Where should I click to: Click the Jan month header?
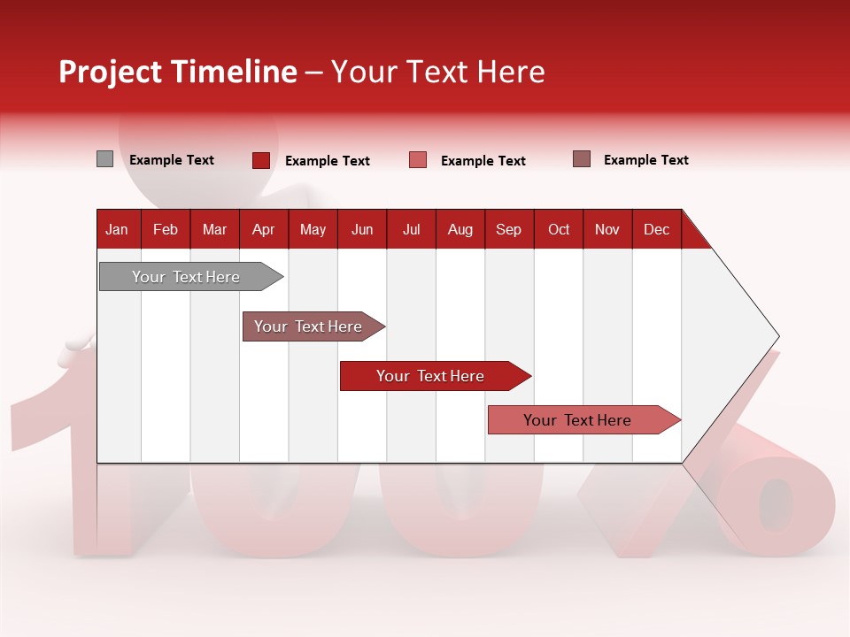(x=117, y=230)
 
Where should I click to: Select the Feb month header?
(x=166, y=230)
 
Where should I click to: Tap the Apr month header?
(x=263, y=230)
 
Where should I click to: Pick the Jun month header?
(x=362, y=230)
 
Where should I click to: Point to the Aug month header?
(x=460, y=230)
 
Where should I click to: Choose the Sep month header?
(x=508, y=230)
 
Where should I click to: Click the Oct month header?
(x=559, y=230)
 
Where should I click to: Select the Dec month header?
(x=656, y=230)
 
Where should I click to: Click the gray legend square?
(x=104, y=159)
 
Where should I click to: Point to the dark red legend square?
(x=261, y=160)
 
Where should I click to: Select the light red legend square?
(x=418, y=160)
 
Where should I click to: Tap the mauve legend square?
(x=582, y=159)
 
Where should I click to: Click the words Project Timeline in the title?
(x=178, y=72)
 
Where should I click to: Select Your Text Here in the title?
(x=437, y=72)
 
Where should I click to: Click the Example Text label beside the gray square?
(x=172, y=160)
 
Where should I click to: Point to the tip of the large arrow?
(x=777, y=336)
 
